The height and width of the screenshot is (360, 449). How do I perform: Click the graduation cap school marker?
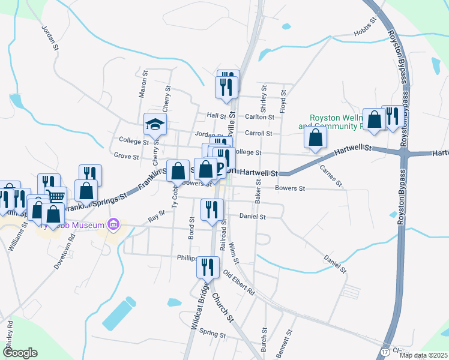[155, 124]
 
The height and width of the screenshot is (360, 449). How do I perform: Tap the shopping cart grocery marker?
[56, 195]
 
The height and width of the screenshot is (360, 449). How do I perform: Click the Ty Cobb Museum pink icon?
[112, 226]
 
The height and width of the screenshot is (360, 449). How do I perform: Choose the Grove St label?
[126, 157]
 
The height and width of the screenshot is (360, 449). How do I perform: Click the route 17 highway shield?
[384, 350]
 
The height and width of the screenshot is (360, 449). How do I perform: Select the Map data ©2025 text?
[423, 355]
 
